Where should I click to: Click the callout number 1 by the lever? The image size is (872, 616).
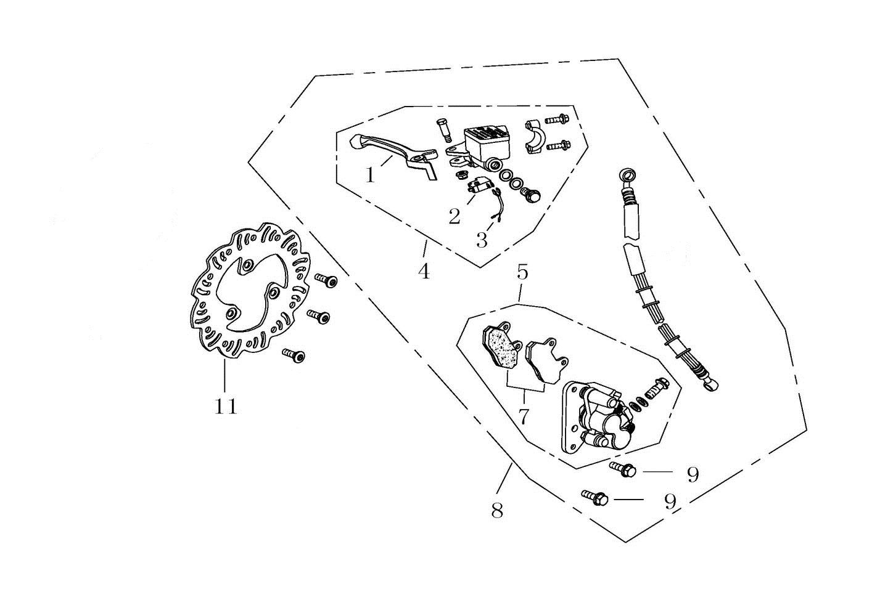(370, 176)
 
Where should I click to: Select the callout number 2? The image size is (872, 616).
(455, 216)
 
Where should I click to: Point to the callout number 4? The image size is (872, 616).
(423, 270)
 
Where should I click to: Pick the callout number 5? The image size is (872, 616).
(522, 272)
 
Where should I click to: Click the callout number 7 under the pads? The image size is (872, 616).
(523, 417)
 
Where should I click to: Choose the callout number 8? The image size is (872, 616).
(497, 510)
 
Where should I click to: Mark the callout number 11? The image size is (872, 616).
(226, 407)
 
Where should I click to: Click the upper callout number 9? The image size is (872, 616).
(693, 474)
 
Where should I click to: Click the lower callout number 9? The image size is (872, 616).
(670, 501)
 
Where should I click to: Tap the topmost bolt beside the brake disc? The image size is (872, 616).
(326, 281)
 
